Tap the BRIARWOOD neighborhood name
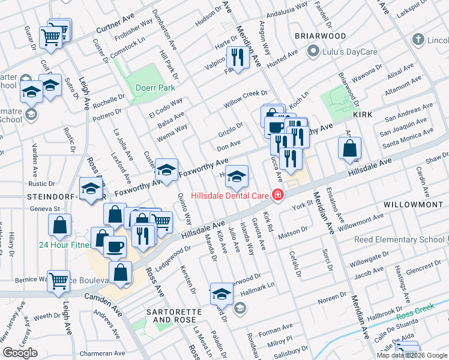[320, 36]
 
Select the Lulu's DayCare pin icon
[312, 52]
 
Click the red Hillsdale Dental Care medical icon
[277, 195]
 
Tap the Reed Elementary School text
[399, 240]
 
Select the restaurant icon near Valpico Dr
[238, 59]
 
